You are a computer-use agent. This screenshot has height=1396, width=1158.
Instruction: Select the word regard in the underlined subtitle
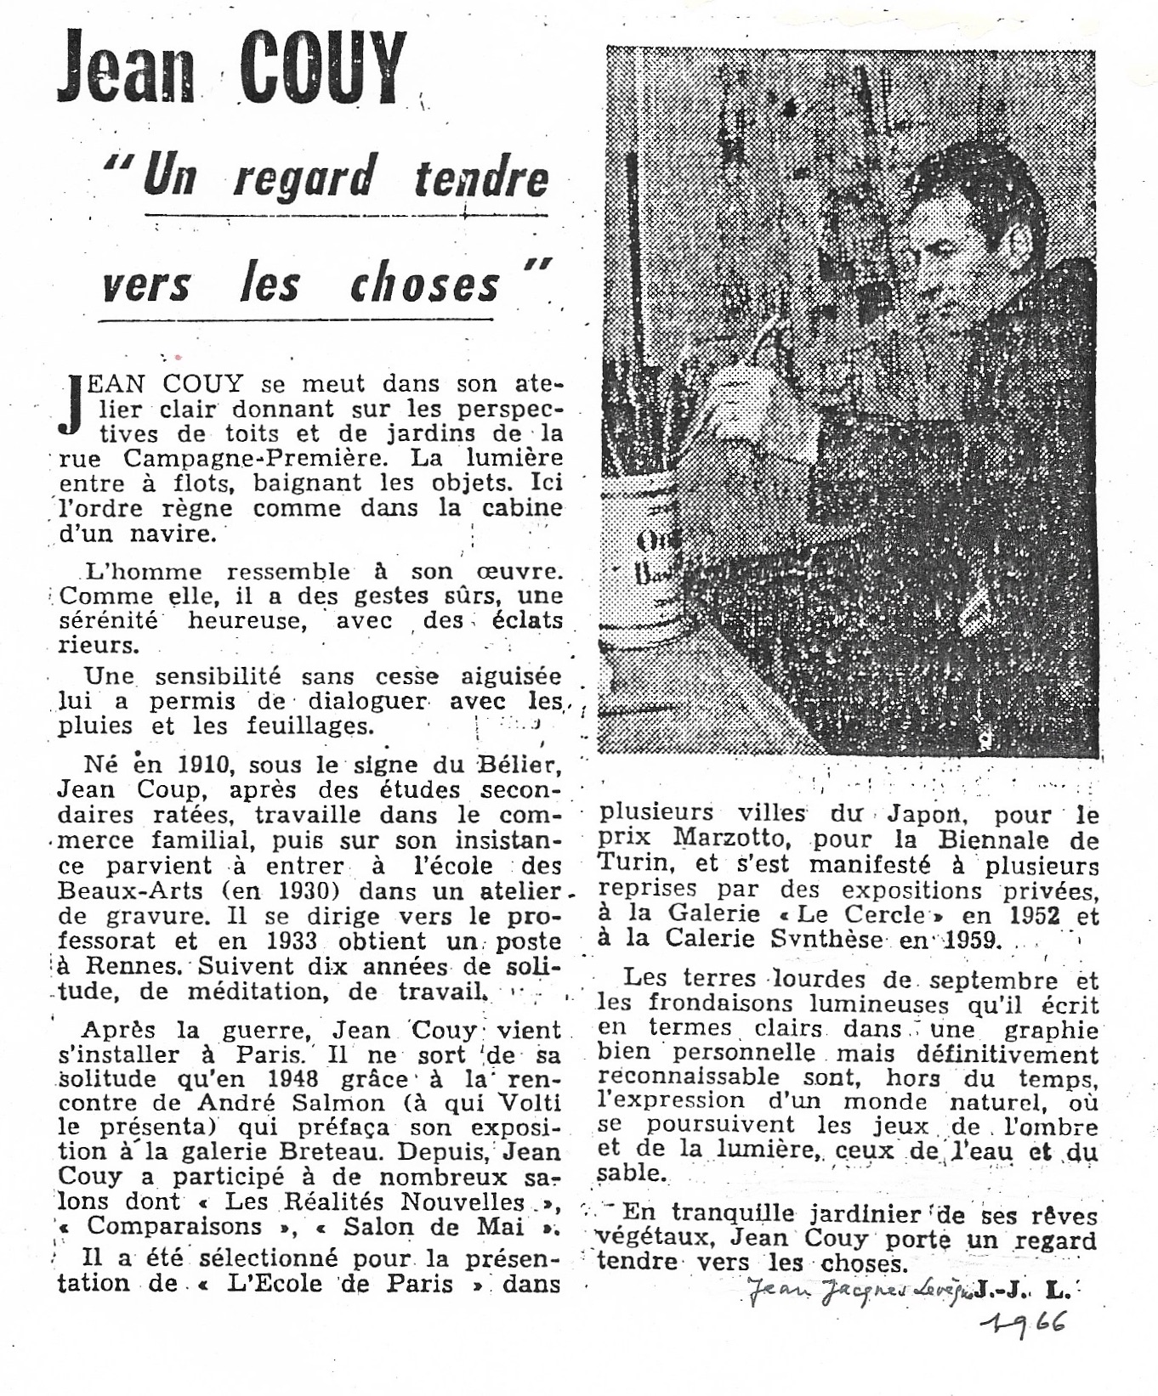304,179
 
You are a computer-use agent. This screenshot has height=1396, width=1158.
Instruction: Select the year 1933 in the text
292,941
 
